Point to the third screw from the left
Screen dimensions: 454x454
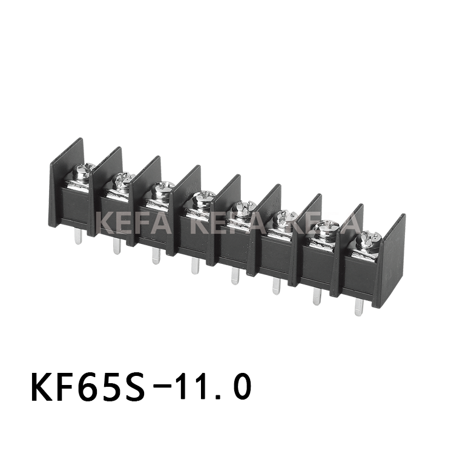click(162, 189)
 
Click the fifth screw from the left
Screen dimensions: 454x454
click(244, 208)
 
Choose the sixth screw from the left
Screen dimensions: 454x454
click(285, 218)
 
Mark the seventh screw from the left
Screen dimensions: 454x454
click(326, 228)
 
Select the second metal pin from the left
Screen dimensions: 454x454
click(116, 245)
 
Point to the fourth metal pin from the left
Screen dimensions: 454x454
click(195, 265)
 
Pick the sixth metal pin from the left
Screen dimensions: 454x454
click(276, 285)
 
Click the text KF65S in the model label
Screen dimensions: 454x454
click(88, 387)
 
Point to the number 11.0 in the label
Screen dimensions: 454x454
click(217, 387)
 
